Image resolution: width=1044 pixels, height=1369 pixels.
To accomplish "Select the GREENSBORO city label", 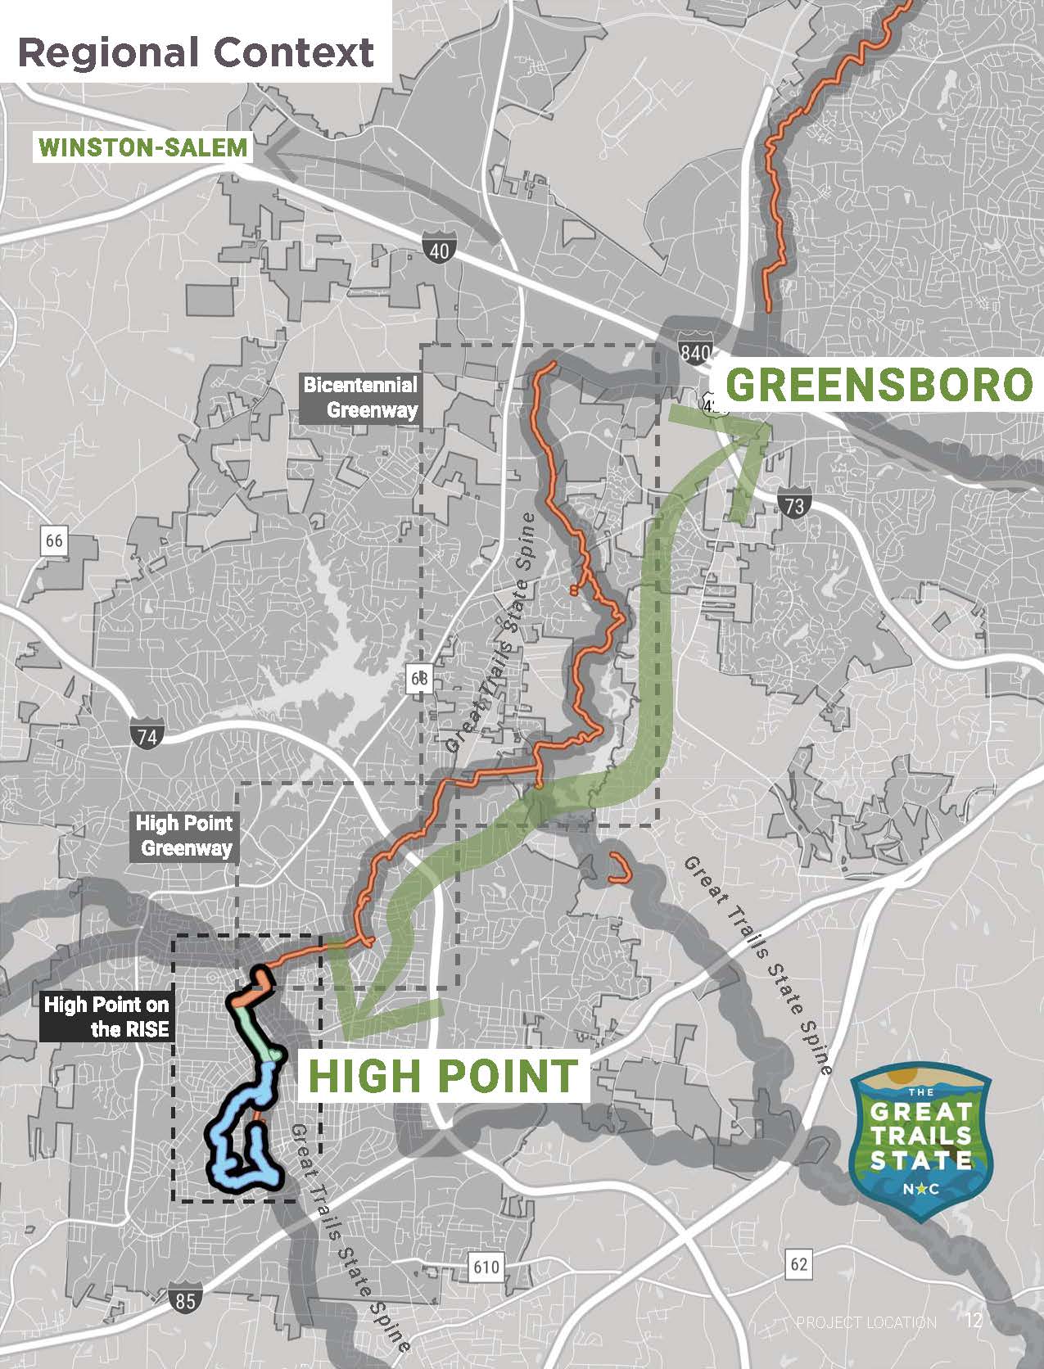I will (877, 385).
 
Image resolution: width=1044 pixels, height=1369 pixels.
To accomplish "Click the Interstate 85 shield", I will (186, 1299).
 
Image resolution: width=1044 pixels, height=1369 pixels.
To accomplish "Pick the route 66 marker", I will (54, 541).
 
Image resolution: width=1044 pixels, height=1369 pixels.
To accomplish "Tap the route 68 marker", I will (419, 678).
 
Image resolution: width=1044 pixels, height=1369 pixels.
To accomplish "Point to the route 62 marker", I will (798, 1263).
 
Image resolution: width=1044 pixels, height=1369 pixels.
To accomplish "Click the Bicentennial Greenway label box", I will (360, 398).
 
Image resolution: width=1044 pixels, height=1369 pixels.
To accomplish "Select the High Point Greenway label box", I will (184, 835).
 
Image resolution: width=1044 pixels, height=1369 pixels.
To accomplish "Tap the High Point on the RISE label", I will (106, 1016).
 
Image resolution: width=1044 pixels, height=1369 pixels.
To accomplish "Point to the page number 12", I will (974, 1321).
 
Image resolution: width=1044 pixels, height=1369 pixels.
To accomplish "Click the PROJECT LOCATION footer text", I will (866, 1322).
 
